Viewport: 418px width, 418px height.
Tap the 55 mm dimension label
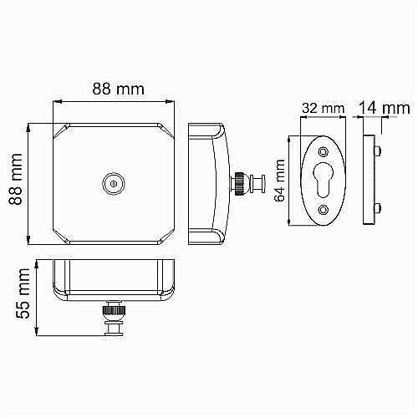pos(24,298)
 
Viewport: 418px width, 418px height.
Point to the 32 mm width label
pos(321,108)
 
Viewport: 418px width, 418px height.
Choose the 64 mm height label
pos(279,181)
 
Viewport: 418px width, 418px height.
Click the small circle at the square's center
pos(111,182)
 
